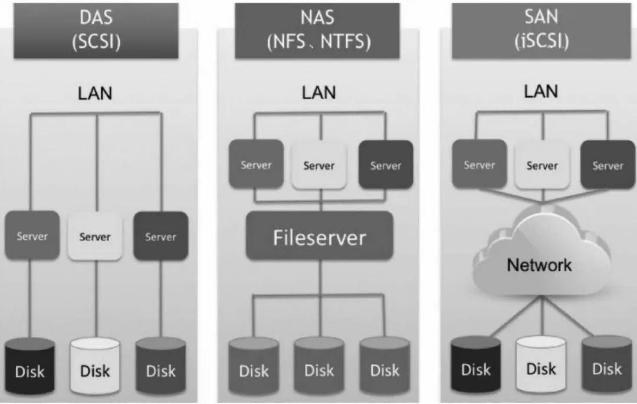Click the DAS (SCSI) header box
pyautogui.click(x=96, y=31)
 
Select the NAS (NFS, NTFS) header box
pyautogui.click(x=317, y=31)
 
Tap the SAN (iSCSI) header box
pyautogui.click(x=541, y=31)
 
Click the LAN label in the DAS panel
pyautogui.click(x=95, y=93)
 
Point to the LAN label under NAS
pyautogui.click(x=319, y=93)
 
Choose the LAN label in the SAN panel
pyautogui.click(x=541, y=91)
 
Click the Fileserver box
pyautogui.click(x=319, y=236)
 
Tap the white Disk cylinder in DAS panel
pyautogui.click(x=95, y=366)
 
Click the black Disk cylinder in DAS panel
pyautogui.click(x=29, y=366)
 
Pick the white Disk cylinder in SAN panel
pyautogui.click(x=541, y=364)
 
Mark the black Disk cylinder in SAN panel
pyautogui.click(x=476, y=364)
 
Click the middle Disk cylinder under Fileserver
pyautogui.click(x=319, y=366)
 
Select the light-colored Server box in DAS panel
pyautogui.click(x=95, y=236)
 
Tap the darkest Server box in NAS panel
pyautogui.click(x=386, y=165)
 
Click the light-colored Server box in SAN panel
pyautogui.click(x=543, y=165)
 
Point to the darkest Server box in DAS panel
pyautogui.click(x=161, y=236)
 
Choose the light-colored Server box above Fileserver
pyautogui.click(x=319, y=165)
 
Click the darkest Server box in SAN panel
pyautogui.click(x=608, y=165)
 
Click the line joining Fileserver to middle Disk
pyautogui.click(x=320, y=298)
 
